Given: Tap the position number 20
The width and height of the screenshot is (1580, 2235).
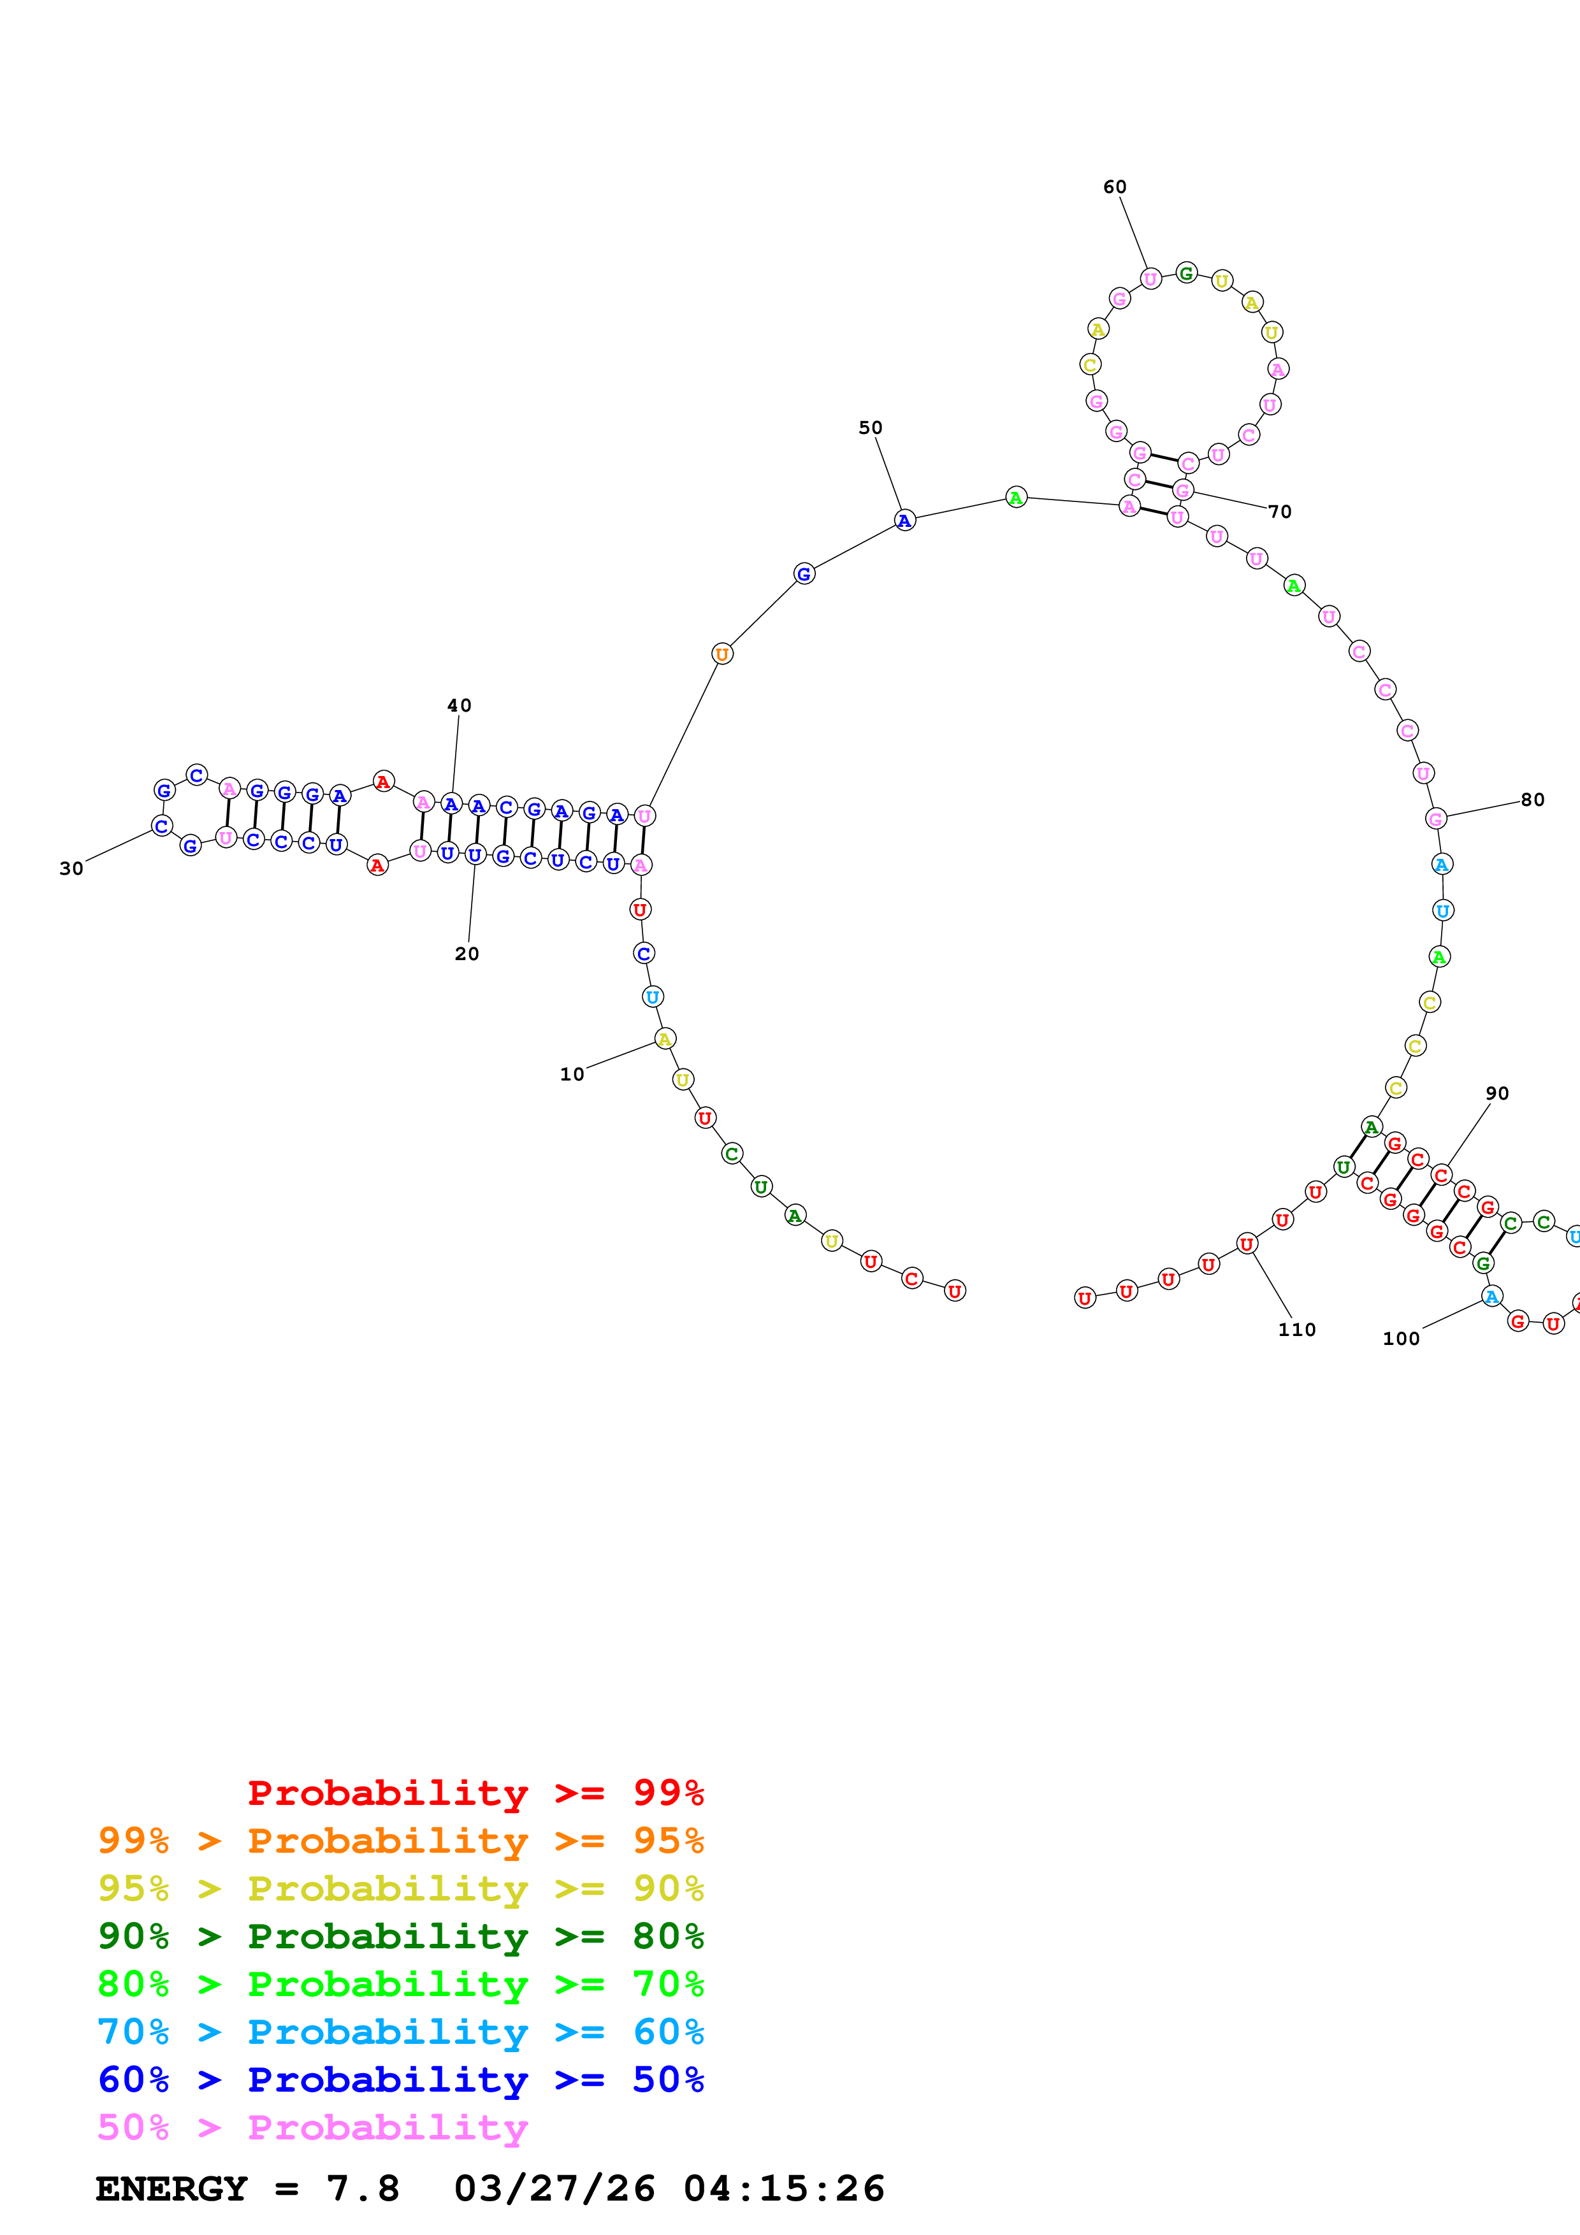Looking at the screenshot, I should pyautogui.click(x=467, y=954).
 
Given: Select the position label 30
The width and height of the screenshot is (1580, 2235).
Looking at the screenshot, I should pyautogui.click(x=71, y=868).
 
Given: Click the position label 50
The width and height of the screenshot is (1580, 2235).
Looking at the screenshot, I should pyautogui.click(x=871, y=428).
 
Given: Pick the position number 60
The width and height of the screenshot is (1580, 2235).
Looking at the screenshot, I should pyautogui.click(x=1115, y=187).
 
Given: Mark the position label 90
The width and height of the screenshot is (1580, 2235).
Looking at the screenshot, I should pyautogui.click(x=1497, y=1093).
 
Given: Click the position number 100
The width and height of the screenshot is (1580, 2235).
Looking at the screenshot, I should pyautogui.click(x=1401, y=1339).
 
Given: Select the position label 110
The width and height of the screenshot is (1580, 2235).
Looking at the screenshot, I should pyautogui.click(x=1297, y=1330).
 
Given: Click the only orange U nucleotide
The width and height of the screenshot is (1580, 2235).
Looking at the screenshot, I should pyautogui.click(x=721, y=654).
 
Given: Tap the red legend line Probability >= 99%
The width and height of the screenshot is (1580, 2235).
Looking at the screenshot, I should pyautogui.click(x=475, y=1792).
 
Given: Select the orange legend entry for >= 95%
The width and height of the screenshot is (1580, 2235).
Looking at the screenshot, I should pyautogui.click(x=401, y=1841).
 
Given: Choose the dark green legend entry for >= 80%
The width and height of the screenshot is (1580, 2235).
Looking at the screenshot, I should pyautogui.click(x=401, y=1936).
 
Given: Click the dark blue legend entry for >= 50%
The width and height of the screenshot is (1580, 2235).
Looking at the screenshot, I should pyautogui.click(x=401, y=2080).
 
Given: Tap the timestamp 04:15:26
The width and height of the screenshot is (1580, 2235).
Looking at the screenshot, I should pyautogui.click(x=784, y=2188).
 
